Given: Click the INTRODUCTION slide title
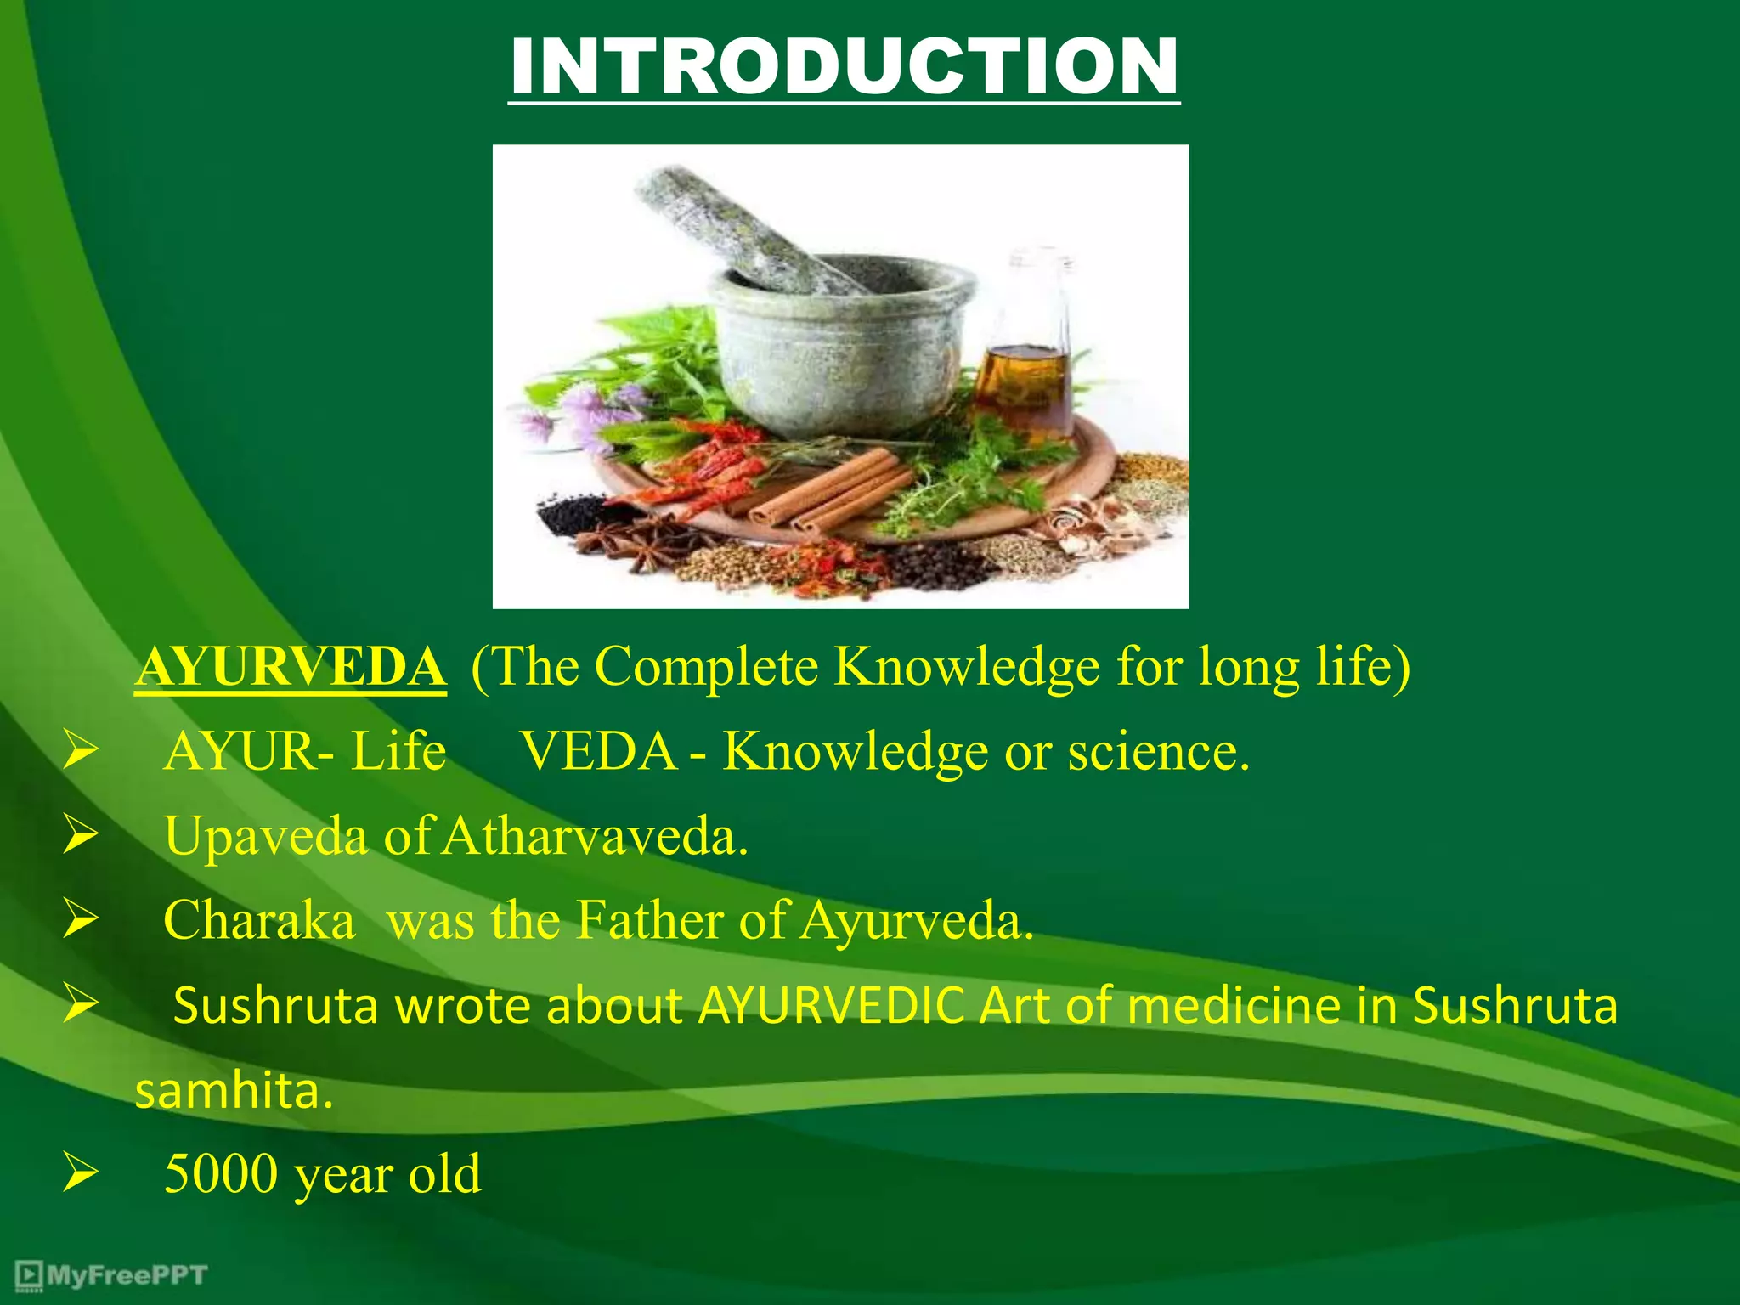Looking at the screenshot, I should pos(844,68).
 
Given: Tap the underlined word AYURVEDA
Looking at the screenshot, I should pos(291,667).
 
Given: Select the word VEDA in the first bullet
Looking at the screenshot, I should pos(598,752).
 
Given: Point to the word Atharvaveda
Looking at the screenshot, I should pos(595,837).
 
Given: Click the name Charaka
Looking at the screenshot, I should pos(259,921).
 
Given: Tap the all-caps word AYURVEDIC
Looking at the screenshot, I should pos(831,1006).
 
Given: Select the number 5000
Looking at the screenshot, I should pos(221,1175).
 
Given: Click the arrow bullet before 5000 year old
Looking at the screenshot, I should pos(81,1175).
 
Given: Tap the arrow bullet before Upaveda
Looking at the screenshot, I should pos(81,836).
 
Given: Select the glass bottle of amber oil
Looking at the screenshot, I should pos(1024,357).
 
